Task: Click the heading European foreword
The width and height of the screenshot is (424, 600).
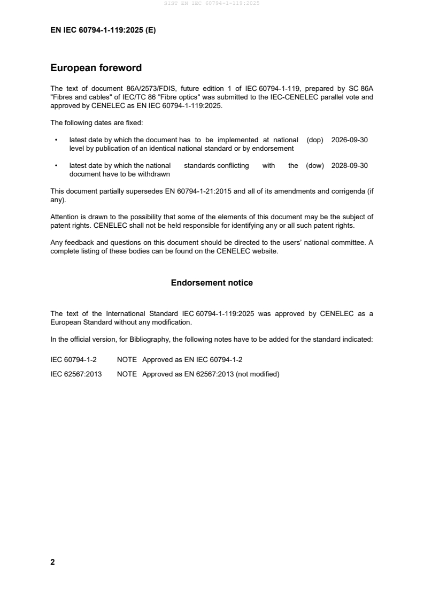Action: pyautogui.click(x=96, y=68)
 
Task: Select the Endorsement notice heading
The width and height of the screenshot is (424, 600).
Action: pyautogui.click(x=212, y=282)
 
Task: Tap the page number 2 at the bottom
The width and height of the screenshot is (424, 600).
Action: pyautogui.click(x=52, y=562)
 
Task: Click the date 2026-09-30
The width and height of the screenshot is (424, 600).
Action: pyautogui.click(x=350, y=140)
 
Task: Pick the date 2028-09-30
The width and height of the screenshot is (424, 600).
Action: pyautogui.click(x=350, y=165)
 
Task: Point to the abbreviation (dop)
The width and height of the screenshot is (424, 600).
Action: pyautogui.click(x=315, y=140)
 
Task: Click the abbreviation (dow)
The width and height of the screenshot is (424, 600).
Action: pyautogui.click(x=315, y=165)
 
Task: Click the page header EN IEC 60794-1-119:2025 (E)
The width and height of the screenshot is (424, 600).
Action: pyautogui.click(x=103, y=30)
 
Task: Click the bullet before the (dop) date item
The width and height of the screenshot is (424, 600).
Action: pyautogui.click(x=56, y=140)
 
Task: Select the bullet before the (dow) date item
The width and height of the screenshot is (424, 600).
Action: pyautogui.click(x=56, y=165)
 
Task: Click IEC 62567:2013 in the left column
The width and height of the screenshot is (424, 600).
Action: pyautogui.click(x=76, y=374)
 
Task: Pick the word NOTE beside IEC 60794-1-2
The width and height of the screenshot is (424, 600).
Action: pyautogui.click(x=127, y=360)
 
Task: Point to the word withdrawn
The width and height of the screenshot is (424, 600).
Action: pyautogui.click(x=153, y=174)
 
